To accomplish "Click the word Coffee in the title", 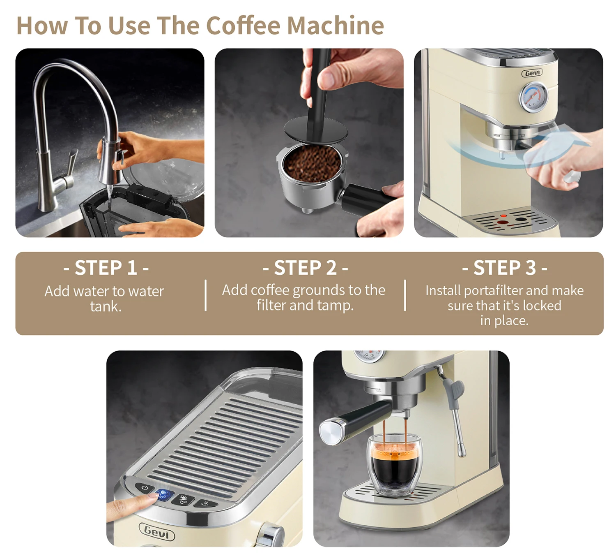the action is [x=243, y=25].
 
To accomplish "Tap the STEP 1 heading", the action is [x=106, y=268].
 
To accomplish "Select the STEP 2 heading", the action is [x=305, y=268].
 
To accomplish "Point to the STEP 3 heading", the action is [x=504, y=268].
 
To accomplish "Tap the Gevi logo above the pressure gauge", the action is [x=532, y=73].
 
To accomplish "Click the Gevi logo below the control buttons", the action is [x=157, y=531].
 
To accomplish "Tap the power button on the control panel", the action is [x=145, y=488].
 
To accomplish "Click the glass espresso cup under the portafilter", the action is [x=394, y=466].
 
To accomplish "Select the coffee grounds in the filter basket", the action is [x=313, y=163].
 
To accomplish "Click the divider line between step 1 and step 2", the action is [x=206, y=295].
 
